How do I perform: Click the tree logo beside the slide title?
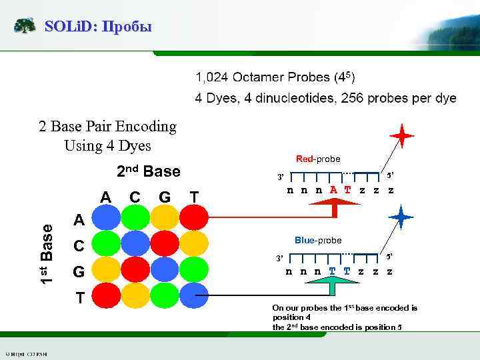pos(25,27)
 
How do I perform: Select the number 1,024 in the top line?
pos(213,78)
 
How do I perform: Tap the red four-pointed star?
pos(402,137)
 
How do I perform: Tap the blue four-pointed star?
pos(402,217)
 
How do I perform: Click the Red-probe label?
pos(317,159)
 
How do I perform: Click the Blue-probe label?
pos(317,240)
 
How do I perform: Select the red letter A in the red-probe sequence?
pos(333,190)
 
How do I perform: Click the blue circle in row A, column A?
pos(105,217)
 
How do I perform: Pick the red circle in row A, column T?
pos(193,217)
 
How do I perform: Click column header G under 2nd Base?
pos(164,197)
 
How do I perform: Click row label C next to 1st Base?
pos(79,246)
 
